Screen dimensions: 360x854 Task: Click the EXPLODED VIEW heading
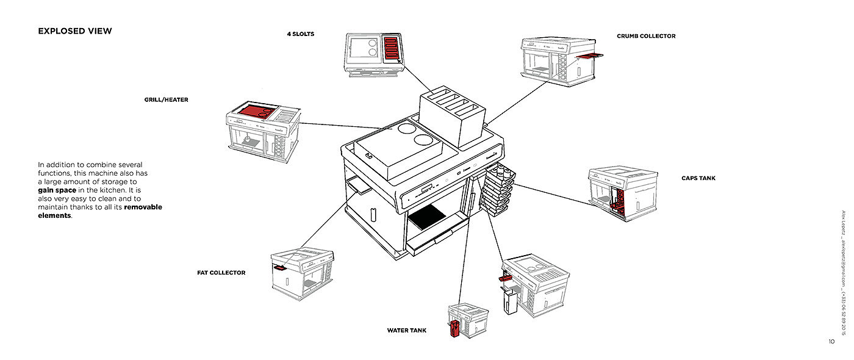[x=75, y=31]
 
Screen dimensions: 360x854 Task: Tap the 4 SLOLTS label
[x=301, y=34]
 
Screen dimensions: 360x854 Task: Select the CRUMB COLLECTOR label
[x=646, y=37]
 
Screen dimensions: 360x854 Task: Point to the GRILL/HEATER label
[x=166, y=100]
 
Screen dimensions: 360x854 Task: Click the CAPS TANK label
[x=698, y=179]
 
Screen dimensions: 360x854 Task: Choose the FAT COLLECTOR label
[x=221, y=273]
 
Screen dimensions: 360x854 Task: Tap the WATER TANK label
[x=407, y=331]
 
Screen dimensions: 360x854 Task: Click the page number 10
[x=831, y=342]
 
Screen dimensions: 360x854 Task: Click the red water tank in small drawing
[x=454, y=329]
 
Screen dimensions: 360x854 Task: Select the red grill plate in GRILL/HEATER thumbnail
[x=256, y=112]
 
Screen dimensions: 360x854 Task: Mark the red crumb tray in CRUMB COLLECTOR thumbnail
[x=589, y=57]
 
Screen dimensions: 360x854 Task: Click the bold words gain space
[x=57, y=190]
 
